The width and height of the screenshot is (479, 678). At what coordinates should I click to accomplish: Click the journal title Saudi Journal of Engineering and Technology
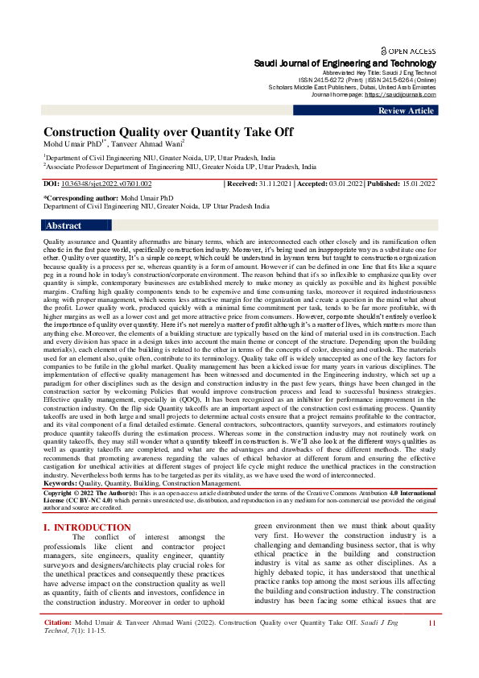345,63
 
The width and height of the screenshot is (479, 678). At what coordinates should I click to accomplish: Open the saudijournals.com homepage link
406,94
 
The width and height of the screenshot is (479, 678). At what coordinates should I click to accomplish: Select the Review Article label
407,111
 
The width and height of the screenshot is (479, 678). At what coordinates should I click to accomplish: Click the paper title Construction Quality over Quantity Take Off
168,132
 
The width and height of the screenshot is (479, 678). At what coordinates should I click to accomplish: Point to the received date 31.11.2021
275,184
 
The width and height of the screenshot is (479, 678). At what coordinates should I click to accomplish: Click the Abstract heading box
64,226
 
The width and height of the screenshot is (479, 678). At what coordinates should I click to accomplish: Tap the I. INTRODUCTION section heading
86,505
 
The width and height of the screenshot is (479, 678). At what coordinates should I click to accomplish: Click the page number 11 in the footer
432,646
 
